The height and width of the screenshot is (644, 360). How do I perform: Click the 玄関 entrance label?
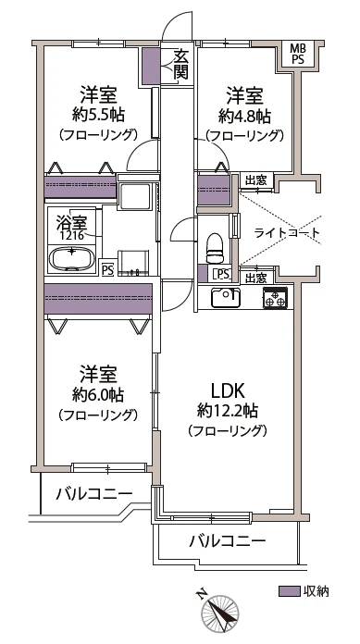[180, 64]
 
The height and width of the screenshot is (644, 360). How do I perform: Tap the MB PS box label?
[298, 54]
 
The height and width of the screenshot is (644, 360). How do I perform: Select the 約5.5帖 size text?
[99, 115]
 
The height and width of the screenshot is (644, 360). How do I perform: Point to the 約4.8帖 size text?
[244, 117]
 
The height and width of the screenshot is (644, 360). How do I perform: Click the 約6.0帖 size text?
[98, 395]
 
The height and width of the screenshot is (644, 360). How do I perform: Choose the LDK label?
[228, 390]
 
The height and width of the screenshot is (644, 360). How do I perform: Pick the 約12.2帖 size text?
[228, 410]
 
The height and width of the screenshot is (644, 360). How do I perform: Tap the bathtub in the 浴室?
[72, 258]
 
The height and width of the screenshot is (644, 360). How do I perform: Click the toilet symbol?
[215, 248]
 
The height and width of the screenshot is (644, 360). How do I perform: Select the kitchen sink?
[225, 297]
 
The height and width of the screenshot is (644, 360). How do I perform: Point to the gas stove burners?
[276, 298]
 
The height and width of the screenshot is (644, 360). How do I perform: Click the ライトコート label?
[287, 233]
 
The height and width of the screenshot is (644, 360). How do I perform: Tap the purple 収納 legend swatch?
[290, 591]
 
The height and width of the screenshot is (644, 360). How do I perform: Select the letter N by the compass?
[201, 594]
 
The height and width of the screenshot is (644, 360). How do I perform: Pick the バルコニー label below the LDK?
[227, 541]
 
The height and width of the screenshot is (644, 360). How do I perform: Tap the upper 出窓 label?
[255, 180]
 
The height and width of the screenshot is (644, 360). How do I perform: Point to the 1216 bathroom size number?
[74, 236]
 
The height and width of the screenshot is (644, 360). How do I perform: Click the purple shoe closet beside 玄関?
[151, 66]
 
